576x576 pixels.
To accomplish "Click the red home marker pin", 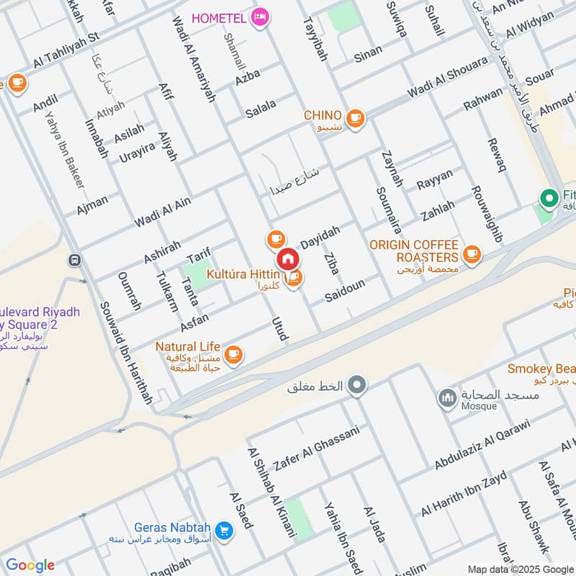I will tap(287, 258).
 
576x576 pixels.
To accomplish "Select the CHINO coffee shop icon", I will tap(355, 117).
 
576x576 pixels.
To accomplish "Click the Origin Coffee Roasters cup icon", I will tap(472, 253).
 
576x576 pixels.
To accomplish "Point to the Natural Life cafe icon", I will tap(233, 354).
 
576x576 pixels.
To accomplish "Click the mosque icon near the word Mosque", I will tap(447, 397).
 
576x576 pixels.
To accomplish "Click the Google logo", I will tap(30, 565).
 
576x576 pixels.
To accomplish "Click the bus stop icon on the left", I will tap(73, 260).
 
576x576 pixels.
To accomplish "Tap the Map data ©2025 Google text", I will tap(520, 568).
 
